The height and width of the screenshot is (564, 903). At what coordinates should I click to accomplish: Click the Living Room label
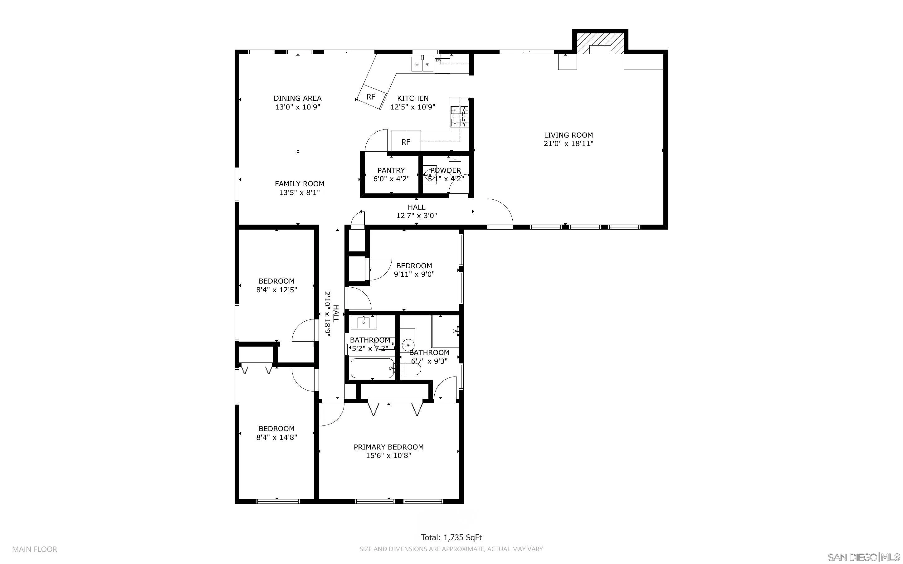[568, 135]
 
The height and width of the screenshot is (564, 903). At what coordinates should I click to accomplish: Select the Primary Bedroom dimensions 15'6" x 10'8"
[388, 455]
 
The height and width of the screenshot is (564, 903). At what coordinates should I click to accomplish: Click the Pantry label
[391, 170]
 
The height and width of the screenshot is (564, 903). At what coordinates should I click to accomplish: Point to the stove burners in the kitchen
[460, 116]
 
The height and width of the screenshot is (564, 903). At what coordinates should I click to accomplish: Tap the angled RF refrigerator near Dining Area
[372, 96]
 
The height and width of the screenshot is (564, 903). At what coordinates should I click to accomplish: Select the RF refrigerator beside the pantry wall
[406, 141]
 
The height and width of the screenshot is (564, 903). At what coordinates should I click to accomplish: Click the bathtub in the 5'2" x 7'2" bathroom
[372, 368]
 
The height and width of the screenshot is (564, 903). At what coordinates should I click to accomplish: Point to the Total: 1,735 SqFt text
[451, 537]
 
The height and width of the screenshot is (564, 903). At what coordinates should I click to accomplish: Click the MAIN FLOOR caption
[35, 549]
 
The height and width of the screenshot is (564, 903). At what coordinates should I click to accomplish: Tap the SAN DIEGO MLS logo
[863, 557]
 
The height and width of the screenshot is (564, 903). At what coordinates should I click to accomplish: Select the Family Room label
[300, 183]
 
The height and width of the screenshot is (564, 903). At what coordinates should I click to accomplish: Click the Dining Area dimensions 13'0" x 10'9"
[298, 107]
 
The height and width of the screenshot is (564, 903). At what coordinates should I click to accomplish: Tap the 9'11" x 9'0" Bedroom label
[414, 270]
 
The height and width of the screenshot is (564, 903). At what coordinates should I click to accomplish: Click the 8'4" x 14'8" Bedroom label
[276, 433]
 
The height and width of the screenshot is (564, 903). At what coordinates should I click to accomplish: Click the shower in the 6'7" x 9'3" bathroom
[445, 331]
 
